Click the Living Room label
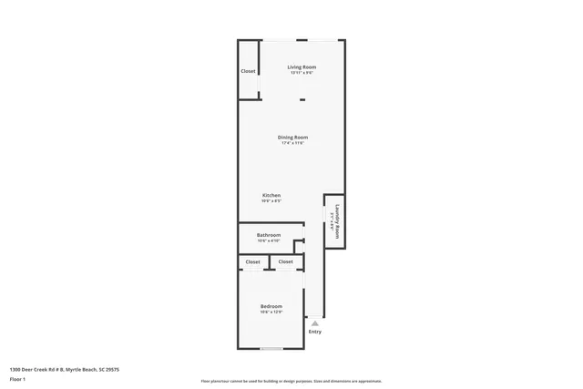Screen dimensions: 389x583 pyautogui.click(x=302, y=67)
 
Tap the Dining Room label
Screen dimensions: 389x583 pyautogui.click(x=292, y=138)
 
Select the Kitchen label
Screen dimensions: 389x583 pyautogui.click(x=271, y=196)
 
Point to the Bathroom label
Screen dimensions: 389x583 pyautogui.click(x=268, y=235)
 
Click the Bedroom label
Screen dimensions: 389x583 pyautogui.click(x=271, y=306)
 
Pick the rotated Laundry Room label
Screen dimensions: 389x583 pyautogui.click(x=337, y=221)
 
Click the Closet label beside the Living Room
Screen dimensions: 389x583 pyautogui.click(x=248, y=71)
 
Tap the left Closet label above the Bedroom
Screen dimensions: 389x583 pyautogui.click(x=252, y=262)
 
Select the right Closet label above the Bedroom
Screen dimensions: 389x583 pyautogui.click(x=285, y=262)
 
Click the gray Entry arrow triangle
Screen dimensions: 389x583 pyautogui.click(x=315, y=323)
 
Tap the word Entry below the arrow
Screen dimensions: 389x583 pyautogui.click(x=315, y=332)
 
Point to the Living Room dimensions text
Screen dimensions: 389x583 pyautogui.click(x=302, y=73)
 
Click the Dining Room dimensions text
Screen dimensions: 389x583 pyautogui.click(x=292, y=143)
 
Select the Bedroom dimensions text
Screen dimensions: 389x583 pyautogui.click(x=271, y=312)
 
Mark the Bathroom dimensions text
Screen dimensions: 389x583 pyautogui.click(x=268, y=241)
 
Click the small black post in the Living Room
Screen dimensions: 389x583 pyautogui.click(x=302, y=100)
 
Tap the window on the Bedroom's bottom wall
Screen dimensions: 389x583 pyautogui.click(x=271, y=349)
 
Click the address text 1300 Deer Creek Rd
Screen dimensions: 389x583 pyautogui.click(x=64, y=369)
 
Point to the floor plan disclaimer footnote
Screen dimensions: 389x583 pyautogui.click(x=291, y=382)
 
